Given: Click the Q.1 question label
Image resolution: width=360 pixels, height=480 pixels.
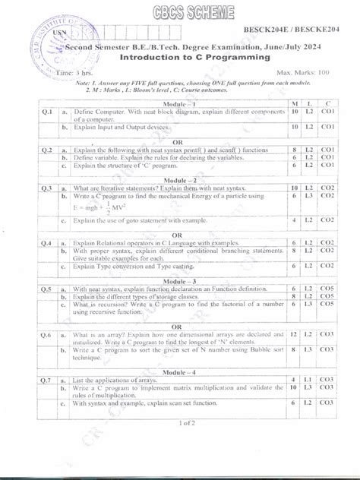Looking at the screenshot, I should tap(46, 111).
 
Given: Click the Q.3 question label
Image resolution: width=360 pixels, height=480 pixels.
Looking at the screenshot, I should tap(46, 187).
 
